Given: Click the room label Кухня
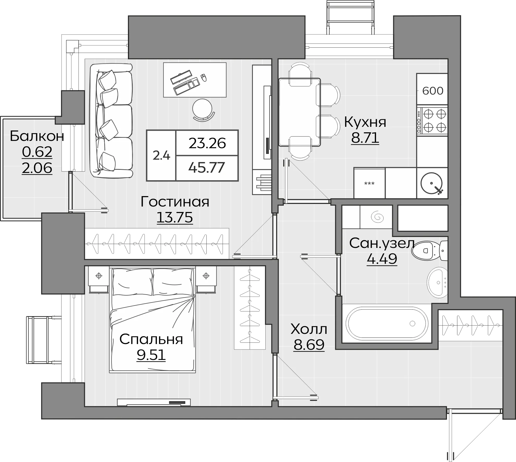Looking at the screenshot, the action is (x=365, y=122).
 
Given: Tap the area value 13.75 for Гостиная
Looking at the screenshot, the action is (x=175, y=217).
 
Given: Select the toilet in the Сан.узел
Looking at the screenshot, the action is (x=429, y=251).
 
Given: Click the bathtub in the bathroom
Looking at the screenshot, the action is (x=387, y=323).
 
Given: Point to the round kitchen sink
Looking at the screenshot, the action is (x=432, y=183).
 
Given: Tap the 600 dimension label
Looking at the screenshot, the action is (x=433, y=91).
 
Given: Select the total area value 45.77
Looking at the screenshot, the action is (x=207, y=167).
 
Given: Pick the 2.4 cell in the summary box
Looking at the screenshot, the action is (x=161, y=155).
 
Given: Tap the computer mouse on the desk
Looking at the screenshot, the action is (x=203, y=78).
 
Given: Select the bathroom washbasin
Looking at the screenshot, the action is (x=437, y=283).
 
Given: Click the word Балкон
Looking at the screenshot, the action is (x=37, y=136).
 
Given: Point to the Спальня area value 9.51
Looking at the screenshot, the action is (x=151, y=355).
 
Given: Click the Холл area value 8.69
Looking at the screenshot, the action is (x=309, y=345).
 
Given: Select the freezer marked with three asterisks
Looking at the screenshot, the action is (x=369, y=183).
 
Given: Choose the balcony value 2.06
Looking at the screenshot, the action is (x=37, y=168).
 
